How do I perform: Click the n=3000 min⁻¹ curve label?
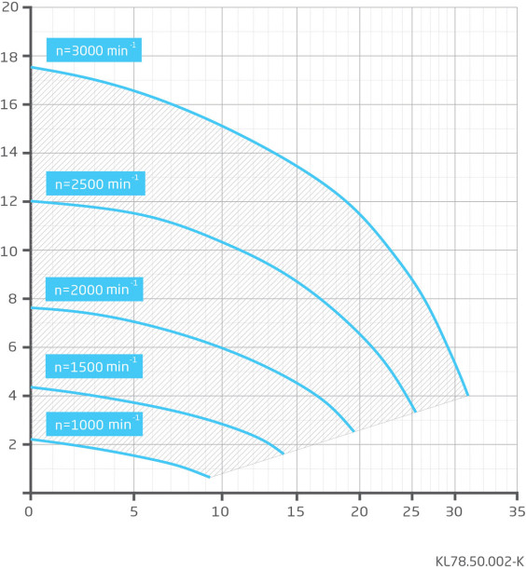94,49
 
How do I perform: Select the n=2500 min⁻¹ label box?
95,183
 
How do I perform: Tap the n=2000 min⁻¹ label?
94,290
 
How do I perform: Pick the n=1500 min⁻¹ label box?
94,366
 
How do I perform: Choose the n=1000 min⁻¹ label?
94,424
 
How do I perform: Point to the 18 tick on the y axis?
9,57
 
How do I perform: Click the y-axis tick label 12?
9,201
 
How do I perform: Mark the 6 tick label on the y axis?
13,347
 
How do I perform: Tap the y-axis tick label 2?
13,444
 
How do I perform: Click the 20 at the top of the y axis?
10,7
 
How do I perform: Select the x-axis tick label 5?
133,511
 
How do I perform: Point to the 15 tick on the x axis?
296,511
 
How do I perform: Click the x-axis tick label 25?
411,511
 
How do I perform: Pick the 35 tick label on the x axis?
517,511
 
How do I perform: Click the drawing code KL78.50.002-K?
479,561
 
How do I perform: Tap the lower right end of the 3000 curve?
468,395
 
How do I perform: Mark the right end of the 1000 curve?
210,477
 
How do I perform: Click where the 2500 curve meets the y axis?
32,201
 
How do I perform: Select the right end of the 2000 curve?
353,431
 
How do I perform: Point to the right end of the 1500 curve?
284,454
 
